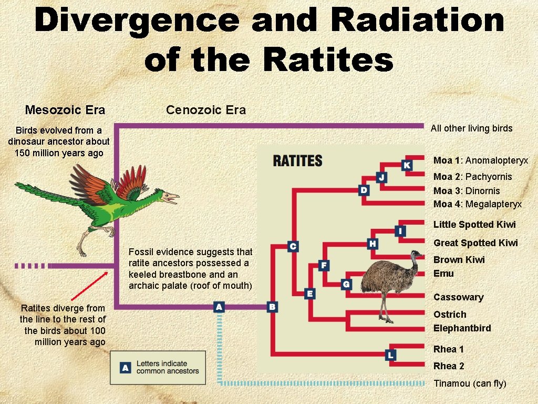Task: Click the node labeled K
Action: click(x=407, y=165)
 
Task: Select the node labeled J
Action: click(x=381, y=178)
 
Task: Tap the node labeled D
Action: click(x=364, y=190)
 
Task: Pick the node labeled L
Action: click(x=390, y=355)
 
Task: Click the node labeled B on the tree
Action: click(x=272, y=306)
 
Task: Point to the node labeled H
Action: click(x=373, y=243)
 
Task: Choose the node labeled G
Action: click(x=346, y=284)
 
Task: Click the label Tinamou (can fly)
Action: click(x=470, y=383)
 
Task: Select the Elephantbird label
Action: click(x=462, y=328)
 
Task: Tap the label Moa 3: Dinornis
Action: click(x=467, y=190)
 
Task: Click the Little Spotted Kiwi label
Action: click(x=474, y=225)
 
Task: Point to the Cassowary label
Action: click(x=458, y=297)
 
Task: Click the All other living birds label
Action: click(x=471, y=128)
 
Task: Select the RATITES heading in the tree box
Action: click(x=297, y=161)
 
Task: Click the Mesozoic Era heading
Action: click(x=65, y=110)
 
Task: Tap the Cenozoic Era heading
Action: click(x=206, y=110)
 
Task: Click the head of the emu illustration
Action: click(x=417, y=255)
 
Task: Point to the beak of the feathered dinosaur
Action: click(x=173, y=198)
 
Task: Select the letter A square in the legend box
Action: click(x=125, y=368)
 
